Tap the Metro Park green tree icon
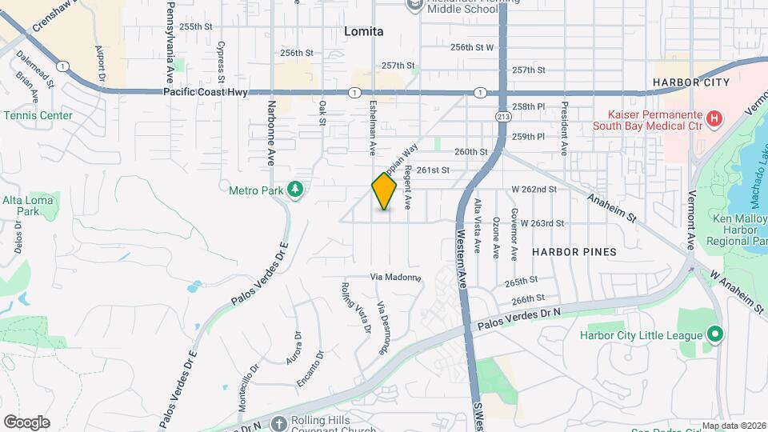coord(296,190)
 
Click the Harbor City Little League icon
coord(715,334)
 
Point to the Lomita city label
coord(364,32)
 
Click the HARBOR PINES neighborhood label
coord(574,252)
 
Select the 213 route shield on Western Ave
coord(502,117)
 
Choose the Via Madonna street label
coord(395,278)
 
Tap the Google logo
coord(26,422)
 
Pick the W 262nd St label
coord(534,190)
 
